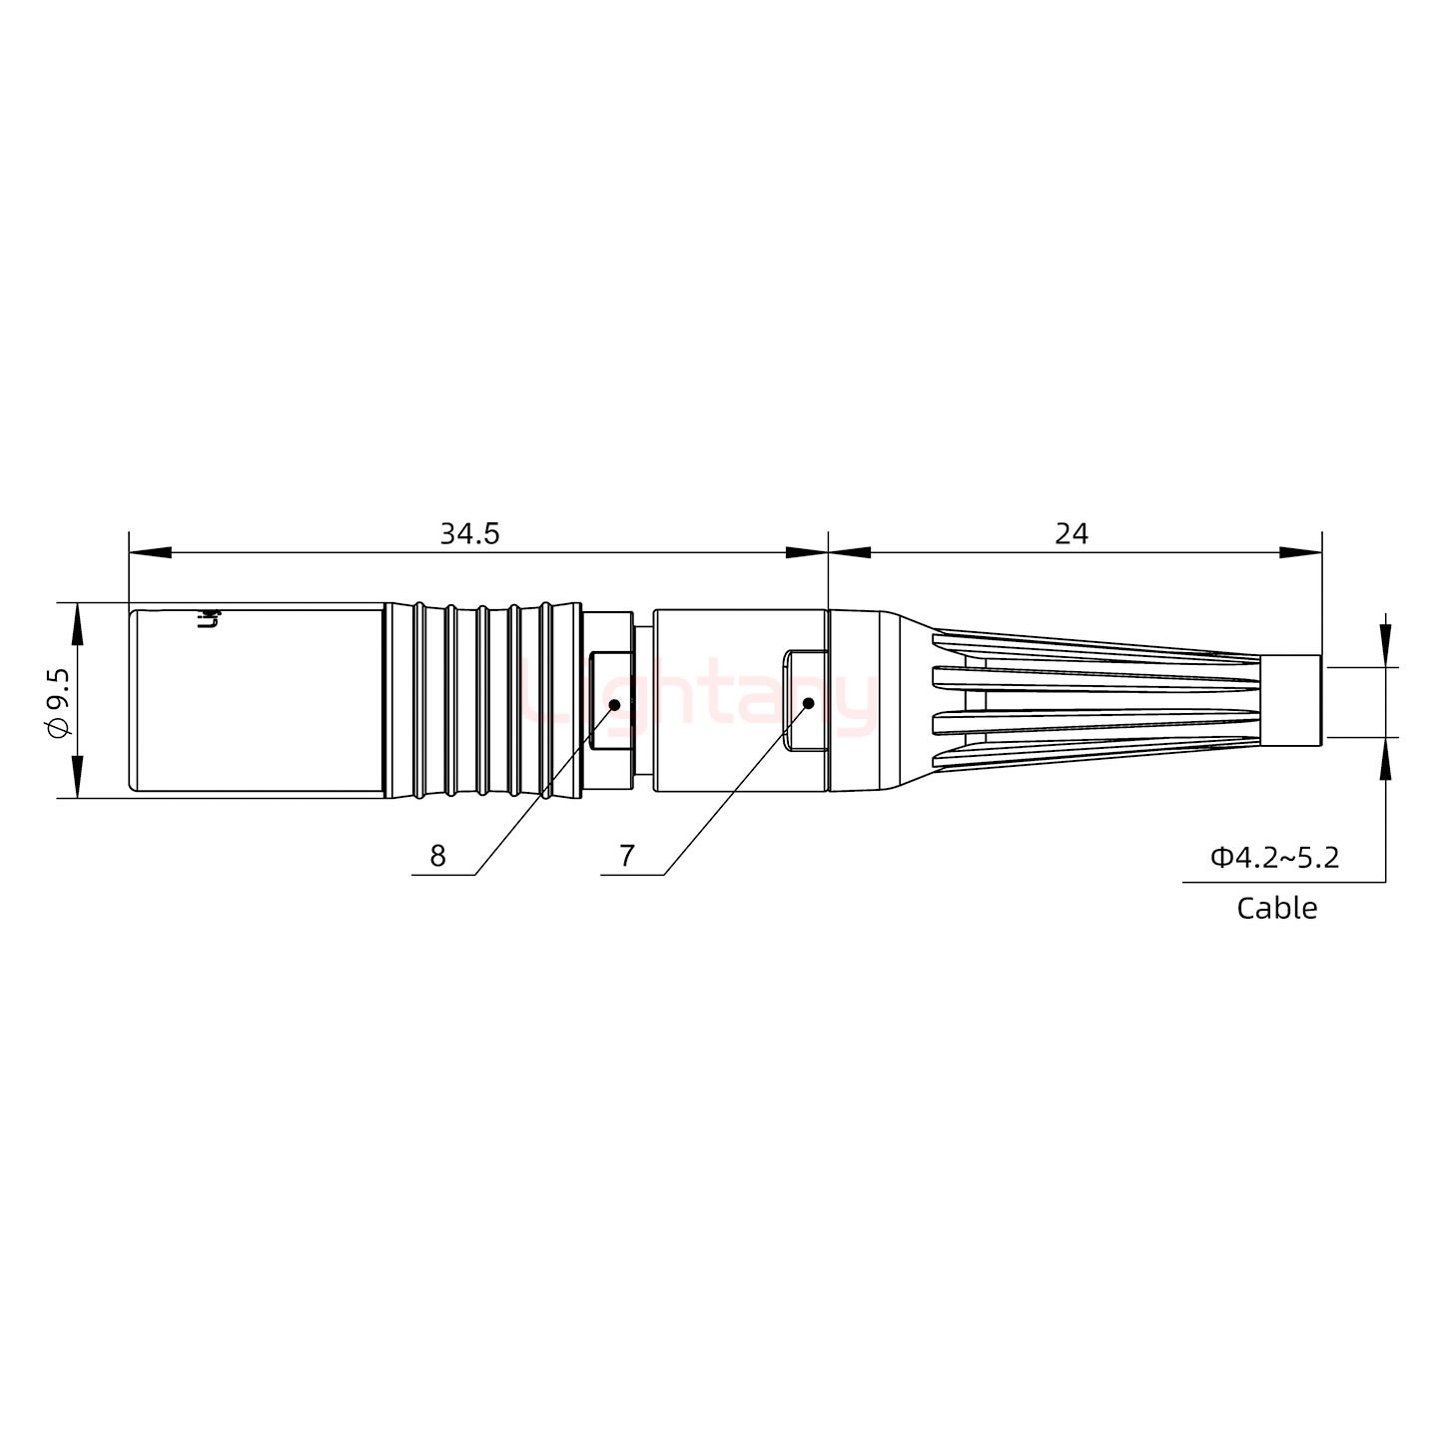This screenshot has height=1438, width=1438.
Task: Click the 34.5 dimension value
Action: (469, 534)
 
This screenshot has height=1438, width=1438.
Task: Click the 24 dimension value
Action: (1072, 534)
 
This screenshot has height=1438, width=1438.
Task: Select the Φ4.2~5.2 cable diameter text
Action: (1275, 857)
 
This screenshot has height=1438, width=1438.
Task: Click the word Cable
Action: (1276, 908)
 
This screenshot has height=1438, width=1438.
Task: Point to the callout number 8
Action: (437, 856)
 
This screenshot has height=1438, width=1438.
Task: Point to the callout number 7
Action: (626, 856)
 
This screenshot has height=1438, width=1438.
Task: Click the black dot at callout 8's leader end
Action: (614, 704)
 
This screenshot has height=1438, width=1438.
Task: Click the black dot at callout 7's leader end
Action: (808, 703)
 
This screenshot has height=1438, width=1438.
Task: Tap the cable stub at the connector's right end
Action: (1292, 701)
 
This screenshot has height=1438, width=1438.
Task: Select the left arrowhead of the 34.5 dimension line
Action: (150, 552)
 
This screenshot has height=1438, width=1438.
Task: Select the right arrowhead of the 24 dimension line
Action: (1301, 552)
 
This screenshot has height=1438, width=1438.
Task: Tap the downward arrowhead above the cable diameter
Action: (1385, 645)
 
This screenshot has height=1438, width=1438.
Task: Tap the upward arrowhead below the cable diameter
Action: (1385, 758)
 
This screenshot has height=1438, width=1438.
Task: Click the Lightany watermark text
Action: (699, 699)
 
